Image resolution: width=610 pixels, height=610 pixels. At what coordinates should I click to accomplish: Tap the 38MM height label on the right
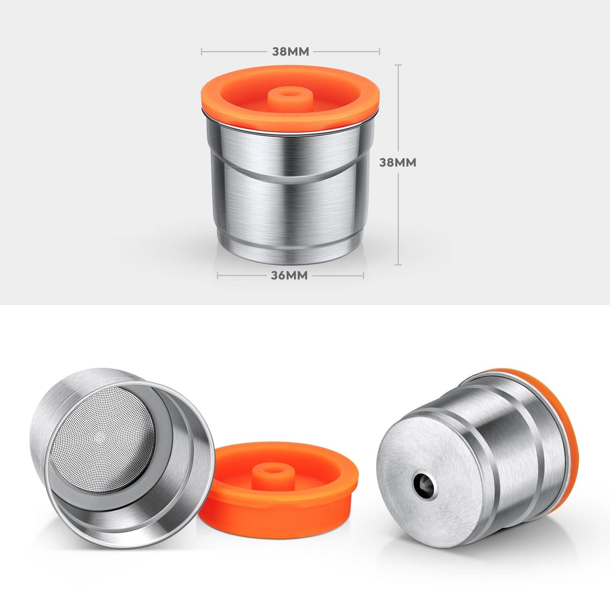click(398, 163)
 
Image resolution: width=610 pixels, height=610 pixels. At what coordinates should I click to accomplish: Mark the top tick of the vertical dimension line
click(398, 65)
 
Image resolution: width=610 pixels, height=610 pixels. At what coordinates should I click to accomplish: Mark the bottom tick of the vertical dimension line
click(398, 265)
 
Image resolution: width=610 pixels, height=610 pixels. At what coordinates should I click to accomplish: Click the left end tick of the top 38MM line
click(202, 51)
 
